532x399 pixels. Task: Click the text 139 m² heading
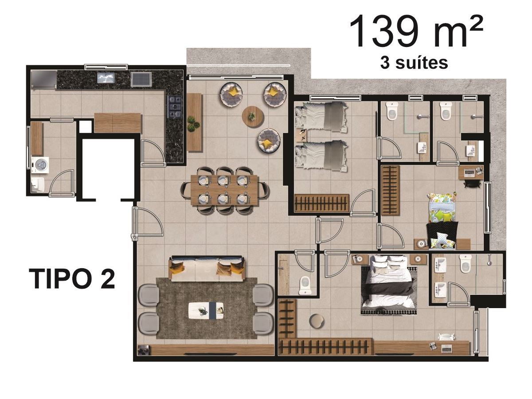(x=416, y=31)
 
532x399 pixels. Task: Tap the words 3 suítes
(x=414, y=63)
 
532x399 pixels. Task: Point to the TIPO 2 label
(x=72, y=278)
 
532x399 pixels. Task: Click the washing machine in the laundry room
(x=40, y=165)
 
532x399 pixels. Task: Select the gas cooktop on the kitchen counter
(x=174, y=107)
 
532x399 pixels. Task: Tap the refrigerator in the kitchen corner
(x=44, y=79)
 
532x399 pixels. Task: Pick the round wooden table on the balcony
(x=253, y=117)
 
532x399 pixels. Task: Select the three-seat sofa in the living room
(x=207, y=268)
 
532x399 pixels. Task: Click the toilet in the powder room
(x=306, y=286)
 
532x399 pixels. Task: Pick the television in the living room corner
(x=144, y=350)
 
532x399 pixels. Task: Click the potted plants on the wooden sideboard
(x=193, y=124)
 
